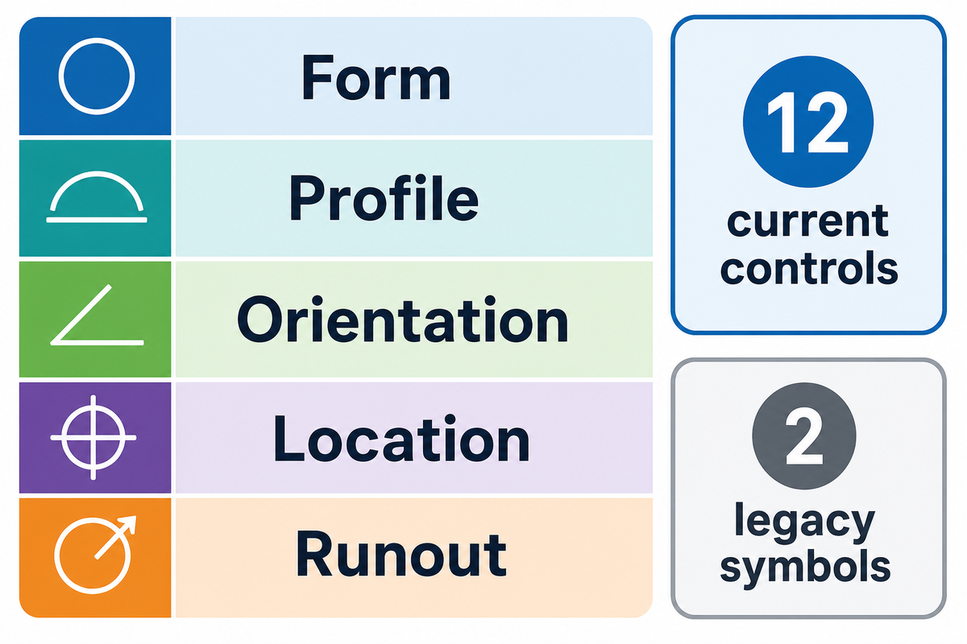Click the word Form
[376, 77]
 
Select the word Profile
[384, 198]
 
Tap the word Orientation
[402, 320]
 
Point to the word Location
[401, 439]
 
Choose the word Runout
[400, 553]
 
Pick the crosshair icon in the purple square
[93, 437]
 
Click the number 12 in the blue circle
[807, 122]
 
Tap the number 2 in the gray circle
[803, 436]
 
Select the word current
[807, 222]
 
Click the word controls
[808, 267]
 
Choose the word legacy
[804, 524]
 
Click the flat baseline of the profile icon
[97, 220]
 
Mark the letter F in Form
[317, 77]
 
